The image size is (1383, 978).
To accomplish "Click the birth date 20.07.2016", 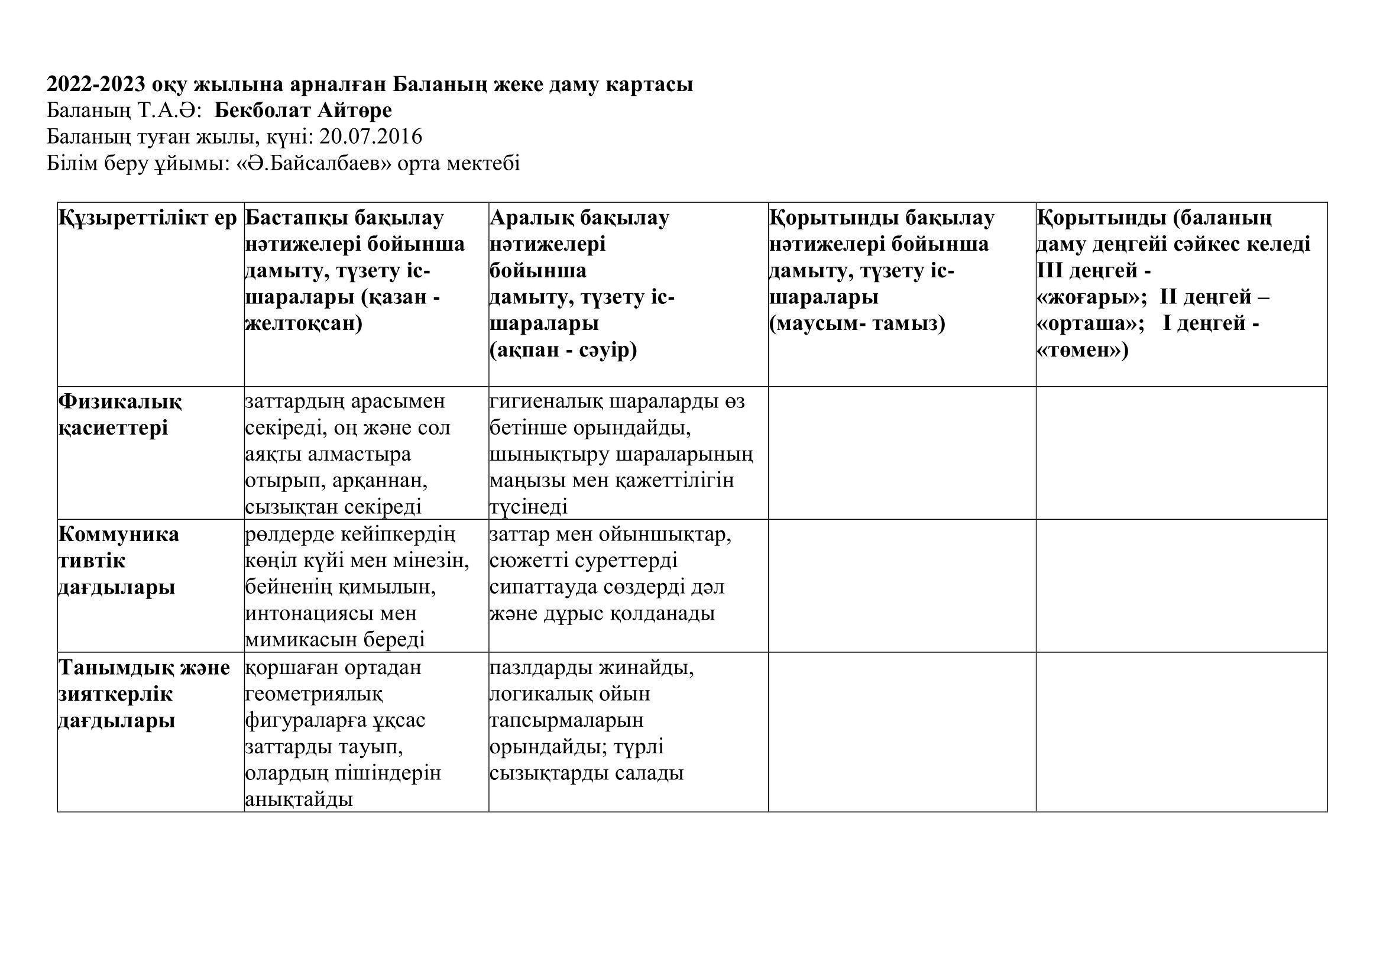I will pos(371,137).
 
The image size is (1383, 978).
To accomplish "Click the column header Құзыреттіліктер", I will pos(148,218).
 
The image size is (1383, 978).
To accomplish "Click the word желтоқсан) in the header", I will pos(303,324).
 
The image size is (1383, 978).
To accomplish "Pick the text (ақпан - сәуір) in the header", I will pos(563,351).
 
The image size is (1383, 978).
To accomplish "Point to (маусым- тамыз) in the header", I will pos(857,324).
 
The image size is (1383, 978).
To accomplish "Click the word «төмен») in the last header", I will pos(1083,351).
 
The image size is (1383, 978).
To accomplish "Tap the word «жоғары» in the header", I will pos(1083,297).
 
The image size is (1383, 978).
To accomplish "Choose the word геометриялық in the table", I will pos(314,694).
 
